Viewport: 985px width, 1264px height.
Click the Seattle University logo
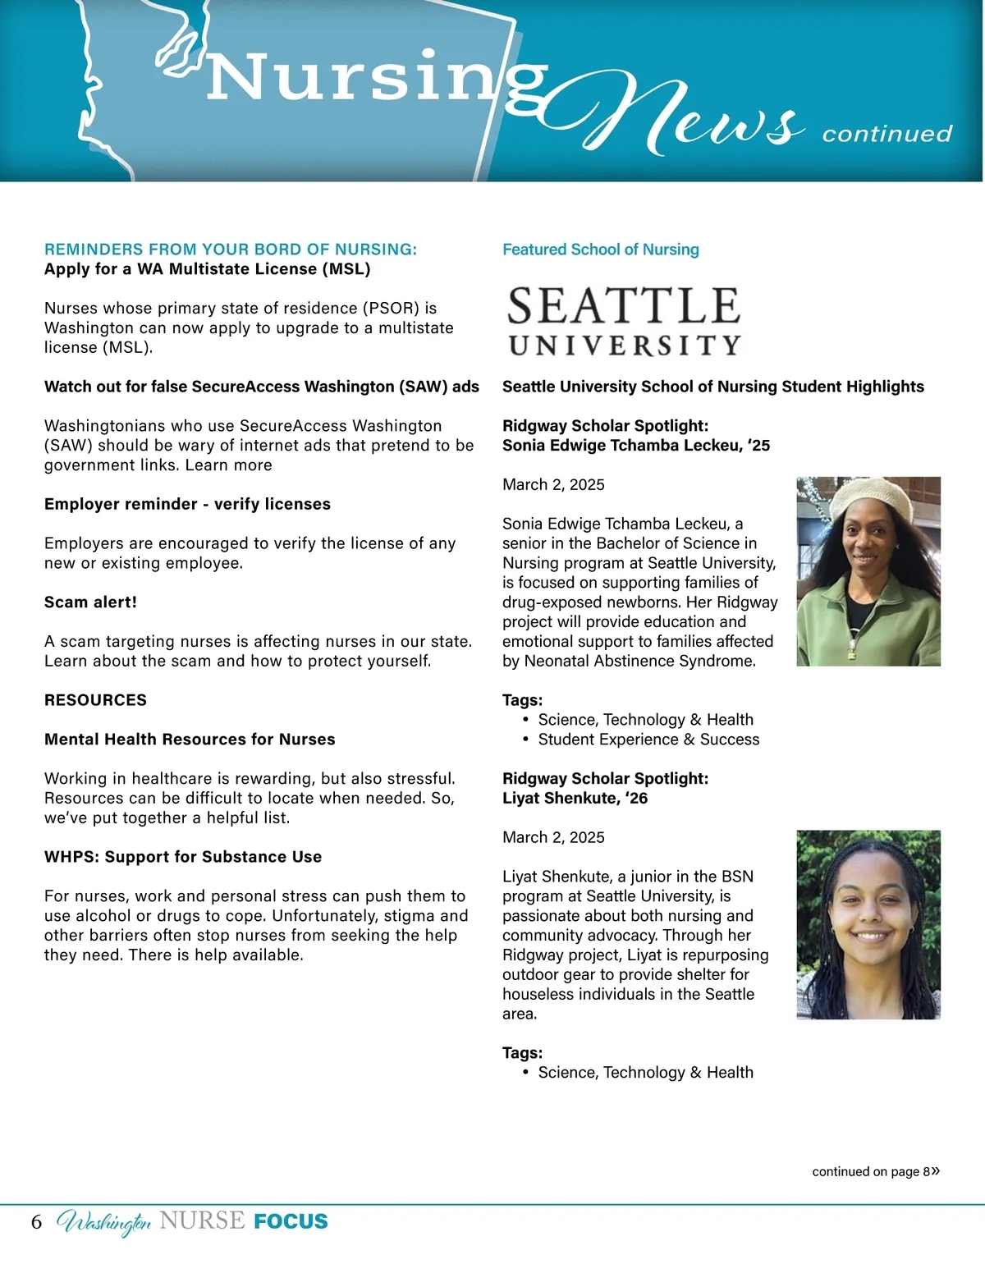click(x=624, y=321)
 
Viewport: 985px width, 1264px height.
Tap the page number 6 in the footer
click(x=36, y=1221)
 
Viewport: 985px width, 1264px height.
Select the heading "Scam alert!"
click(x=90, y=602)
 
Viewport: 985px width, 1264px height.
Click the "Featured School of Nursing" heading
click(x=600, y=250)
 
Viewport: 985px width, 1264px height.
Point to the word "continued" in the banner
click(x=886, y=134)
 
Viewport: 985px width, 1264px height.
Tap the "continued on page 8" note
click(x=875, y=1171)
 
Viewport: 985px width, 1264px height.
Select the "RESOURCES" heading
click(x=95, y=700)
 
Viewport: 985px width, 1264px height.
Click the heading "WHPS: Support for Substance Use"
click(x=183, y=857)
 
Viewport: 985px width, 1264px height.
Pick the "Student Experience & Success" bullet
click(x=648, y=740)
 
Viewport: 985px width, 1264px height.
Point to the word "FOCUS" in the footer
click(x=291, y=1221)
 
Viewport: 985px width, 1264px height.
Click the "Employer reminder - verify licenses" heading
click(x=187, y=504)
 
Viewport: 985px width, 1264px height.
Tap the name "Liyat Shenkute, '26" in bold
click(x=575, y=798)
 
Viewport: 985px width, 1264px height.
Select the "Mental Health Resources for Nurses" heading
click(x=190, y=740)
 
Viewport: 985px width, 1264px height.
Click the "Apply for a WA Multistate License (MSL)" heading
click(x=207, y=269)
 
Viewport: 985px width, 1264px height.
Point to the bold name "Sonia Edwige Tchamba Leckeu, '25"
click(x=636, y=446)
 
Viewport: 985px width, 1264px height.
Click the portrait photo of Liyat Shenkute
click(x=868, y=924)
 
